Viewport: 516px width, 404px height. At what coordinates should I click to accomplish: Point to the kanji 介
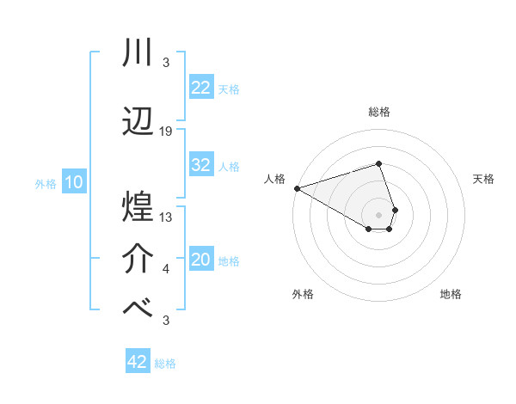click(x=138, y=257)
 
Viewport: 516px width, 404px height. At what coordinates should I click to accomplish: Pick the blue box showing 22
click(x=200, y=88)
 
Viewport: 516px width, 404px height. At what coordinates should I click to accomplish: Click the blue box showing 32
click(x=200, y=165)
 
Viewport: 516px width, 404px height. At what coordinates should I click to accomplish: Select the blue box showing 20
click(x=200, y=260)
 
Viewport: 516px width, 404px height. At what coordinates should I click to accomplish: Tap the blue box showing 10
click(x=73, y=182)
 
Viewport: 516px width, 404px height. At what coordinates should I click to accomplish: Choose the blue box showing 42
click(x=138, y=362)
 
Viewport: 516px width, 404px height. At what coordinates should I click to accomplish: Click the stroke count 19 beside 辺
click(x=166, y=132)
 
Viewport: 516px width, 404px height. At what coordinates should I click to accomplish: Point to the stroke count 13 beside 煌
click(x=166, y=217)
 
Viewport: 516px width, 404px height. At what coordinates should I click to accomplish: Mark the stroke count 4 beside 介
click(x=166, y=270)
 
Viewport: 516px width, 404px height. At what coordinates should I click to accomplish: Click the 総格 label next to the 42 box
click(x=165, y=364)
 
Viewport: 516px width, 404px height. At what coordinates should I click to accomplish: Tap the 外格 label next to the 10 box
click(x=45, y=183)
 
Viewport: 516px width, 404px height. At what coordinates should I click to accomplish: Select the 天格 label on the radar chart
click(x=483, y=179)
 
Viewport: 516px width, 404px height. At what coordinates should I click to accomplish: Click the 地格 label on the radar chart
click(x=451, y=294)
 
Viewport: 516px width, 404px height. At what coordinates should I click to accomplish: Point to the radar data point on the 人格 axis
click(x=297, y=187)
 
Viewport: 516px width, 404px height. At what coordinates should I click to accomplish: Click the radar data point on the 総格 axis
click(x=378, y=163)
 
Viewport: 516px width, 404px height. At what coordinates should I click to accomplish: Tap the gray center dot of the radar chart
click(x=378, y=214)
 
